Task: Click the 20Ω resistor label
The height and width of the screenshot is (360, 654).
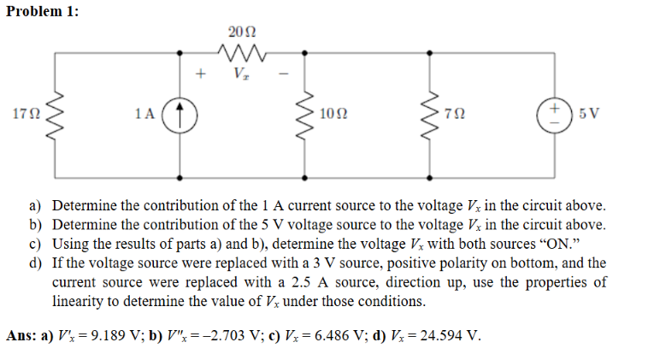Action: point(244,32)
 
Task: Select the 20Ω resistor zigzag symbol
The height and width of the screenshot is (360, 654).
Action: point(244,53)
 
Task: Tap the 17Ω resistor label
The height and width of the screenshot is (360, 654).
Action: point(26,113)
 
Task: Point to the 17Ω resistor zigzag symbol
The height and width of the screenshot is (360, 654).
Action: point(55,113)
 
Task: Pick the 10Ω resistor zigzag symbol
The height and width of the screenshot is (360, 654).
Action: point(307,113)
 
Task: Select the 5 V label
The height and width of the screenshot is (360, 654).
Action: point(589,113)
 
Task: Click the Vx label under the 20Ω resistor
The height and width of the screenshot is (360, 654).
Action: point(244,74)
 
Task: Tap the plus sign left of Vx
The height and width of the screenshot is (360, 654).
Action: point(203,74)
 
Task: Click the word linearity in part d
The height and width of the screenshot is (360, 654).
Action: point(79,302)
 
